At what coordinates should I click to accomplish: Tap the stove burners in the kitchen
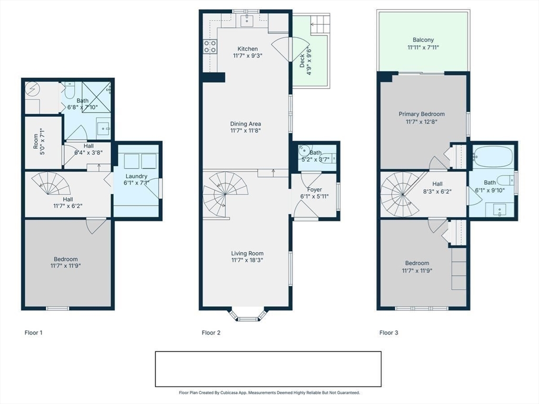pos(210,46)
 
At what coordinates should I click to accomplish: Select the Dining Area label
pos(245,124)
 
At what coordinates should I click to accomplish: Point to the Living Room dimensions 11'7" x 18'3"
pos(247,260)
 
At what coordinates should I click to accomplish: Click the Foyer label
pos(314,189)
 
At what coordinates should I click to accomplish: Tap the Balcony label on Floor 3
pos(423,40)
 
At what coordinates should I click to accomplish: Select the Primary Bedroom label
pos(421,114)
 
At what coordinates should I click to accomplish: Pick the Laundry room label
pos(136,176)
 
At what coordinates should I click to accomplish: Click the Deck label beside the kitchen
pos(302,62)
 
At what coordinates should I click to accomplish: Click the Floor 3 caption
pos(389,332)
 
